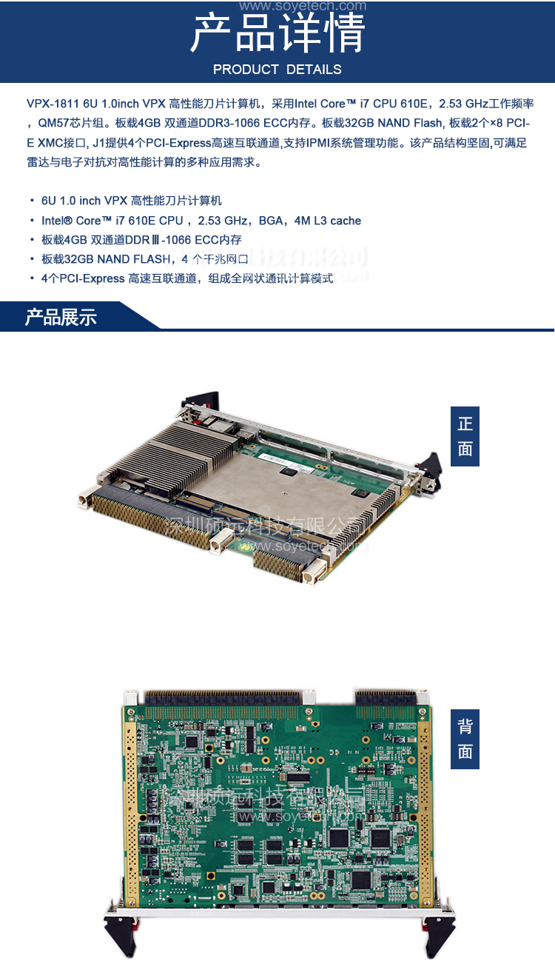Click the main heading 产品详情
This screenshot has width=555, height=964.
(277, 34)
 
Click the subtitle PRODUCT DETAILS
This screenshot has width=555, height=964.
(277, 70)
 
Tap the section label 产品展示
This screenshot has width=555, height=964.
(61, 318)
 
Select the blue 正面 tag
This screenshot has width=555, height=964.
(465, 436)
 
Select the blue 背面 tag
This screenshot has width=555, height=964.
(465, 739)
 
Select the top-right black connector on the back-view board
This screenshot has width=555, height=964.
(386, 697)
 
